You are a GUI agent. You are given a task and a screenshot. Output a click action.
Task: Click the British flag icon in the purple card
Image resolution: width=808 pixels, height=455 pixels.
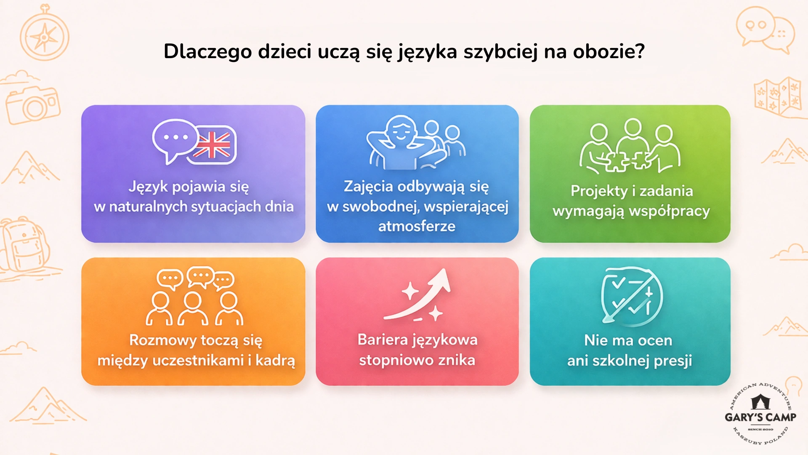tap(213, 145)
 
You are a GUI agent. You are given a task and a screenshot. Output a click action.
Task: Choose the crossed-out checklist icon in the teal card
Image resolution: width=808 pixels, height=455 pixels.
tap(631, 296)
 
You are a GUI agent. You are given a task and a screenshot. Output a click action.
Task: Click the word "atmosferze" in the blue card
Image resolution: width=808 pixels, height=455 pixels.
tap(417, 226)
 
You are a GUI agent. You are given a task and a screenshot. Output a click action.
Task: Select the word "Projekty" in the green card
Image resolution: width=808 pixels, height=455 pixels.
tap(599, 191)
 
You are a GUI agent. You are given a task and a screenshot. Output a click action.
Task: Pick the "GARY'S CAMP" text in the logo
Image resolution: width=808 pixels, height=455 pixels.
tap(760, 417)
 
